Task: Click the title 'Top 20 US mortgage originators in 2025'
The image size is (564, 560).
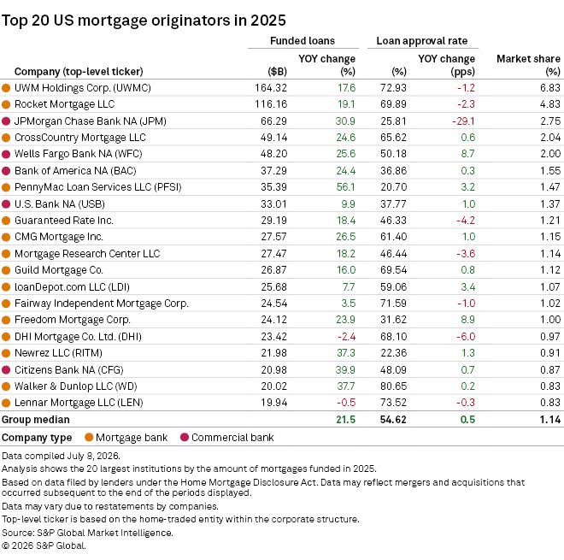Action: pyautogui.click(x=144, y=21)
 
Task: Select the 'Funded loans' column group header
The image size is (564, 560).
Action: pyautogui.click(x=303, y=41)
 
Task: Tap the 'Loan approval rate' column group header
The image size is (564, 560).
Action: pyautogui.click(x=422, y=41)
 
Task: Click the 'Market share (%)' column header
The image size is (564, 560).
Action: pyautogui.click(x=528, y=65)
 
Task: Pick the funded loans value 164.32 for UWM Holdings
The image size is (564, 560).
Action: pyautogui.click(x=271, y=88)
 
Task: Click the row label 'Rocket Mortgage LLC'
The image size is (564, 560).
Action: pyautogui.click(x=64, y=104)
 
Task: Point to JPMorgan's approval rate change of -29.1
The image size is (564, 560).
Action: pyautogui.click(x=463, y=121)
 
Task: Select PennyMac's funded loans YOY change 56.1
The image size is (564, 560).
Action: pyautogui.click(x=345, y=187)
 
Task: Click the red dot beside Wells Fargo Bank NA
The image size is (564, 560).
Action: pyautogui.click(x=6, y=154)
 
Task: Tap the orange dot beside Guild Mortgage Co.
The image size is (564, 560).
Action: pyautogui.click(x=6, y=270)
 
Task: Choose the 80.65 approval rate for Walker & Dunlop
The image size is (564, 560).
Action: pyautogui.click(x=393, y=386)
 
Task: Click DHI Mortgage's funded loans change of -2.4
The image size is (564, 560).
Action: pyautogui.click(x=346, y=337)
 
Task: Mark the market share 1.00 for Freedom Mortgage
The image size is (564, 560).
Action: pyautogui.click(x=550, y=320)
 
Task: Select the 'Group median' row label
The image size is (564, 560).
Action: pyautogui.click(x=36, y=420)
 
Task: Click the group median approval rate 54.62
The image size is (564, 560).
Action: pyautogui.click(x=393, y=420)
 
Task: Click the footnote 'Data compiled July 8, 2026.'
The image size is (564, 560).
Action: pyautogui.click(x=61, y=456)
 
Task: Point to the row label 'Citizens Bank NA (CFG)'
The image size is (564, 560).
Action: pyautogui.click(x=68, y=370)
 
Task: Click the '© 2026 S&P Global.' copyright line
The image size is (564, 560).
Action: pyautogui.click(x=44, y=545)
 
